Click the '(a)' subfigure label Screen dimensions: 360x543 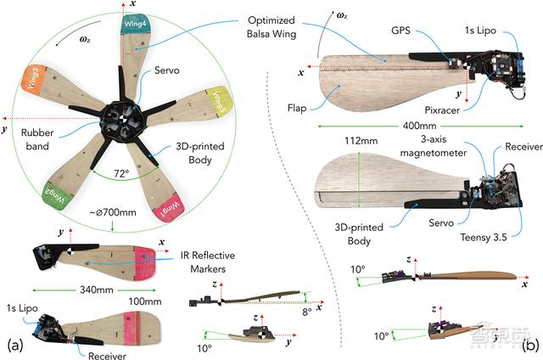click(x=14, y=346)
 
